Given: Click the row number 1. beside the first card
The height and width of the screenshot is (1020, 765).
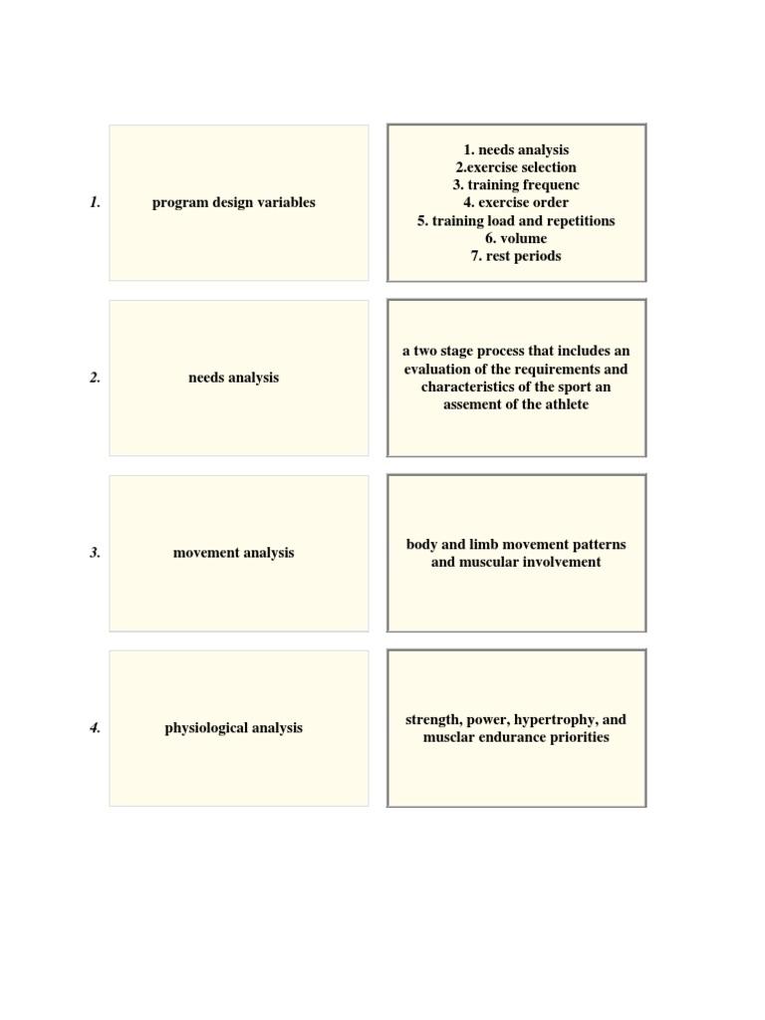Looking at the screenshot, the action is [x=95, y=202].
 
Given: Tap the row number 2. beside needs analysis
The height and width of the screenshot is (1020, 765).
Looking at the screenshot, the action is [x=95, y=378].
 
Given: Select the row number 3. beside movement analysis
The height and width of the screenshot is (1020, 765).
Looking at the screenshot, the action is [x=95, y=553].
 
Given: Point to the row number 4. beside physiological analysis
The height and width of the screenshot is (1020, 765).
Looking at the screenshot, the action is [x=95, y=728].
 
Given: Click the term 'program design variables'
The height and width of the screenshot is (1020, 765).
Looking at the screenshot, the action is [x=234, y=202].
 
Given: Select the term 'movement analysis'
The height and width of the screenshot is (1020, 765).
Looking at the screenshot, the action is [x=234, y=553].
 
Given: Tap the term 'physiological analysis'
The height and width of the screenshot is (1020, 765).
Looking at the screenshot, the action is [x=234, y=728].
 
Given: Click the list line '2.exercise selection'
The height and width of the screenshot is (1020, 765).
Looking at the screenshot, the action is [x=516, y=167].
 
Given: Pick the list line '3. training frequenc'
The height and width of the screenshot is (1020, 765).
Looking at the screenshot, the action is [x=516, y=185].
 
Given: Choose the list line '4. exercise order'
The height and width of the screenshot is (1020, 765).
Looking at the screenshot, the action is [x=516, y=202].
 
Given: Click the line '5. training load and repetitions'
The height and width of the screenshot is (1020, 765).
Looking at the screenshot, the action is [x=516, y=220].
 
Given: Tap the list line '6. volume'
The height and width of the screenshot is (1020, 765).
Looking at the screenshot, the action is [x=516, y=238].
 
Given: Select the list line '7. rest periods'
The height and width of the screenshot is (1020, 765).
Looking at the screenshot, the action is [x=516, y=256].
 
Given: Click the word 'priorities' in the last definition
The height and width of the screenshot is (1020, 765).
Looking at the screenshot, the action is [x=573, y=737].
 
